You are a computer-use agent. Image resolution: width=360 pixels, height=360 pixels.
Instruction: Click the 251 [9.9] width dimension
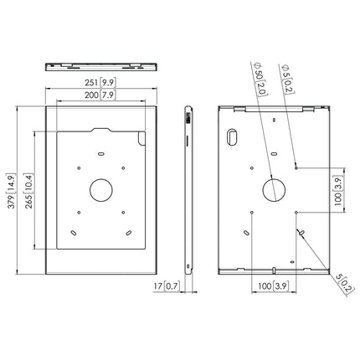tap(100, 84)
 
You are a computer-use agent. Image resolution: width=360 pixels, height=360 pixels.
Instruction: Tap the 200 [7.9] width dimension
tap(100, 95)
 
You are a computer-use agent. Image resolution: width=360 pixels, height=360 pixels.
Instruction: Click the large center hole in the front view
tap(100, 189)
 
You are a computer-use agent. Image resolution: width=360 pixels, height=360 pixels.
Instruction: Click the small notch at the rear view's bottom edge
tap(274, 269)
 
